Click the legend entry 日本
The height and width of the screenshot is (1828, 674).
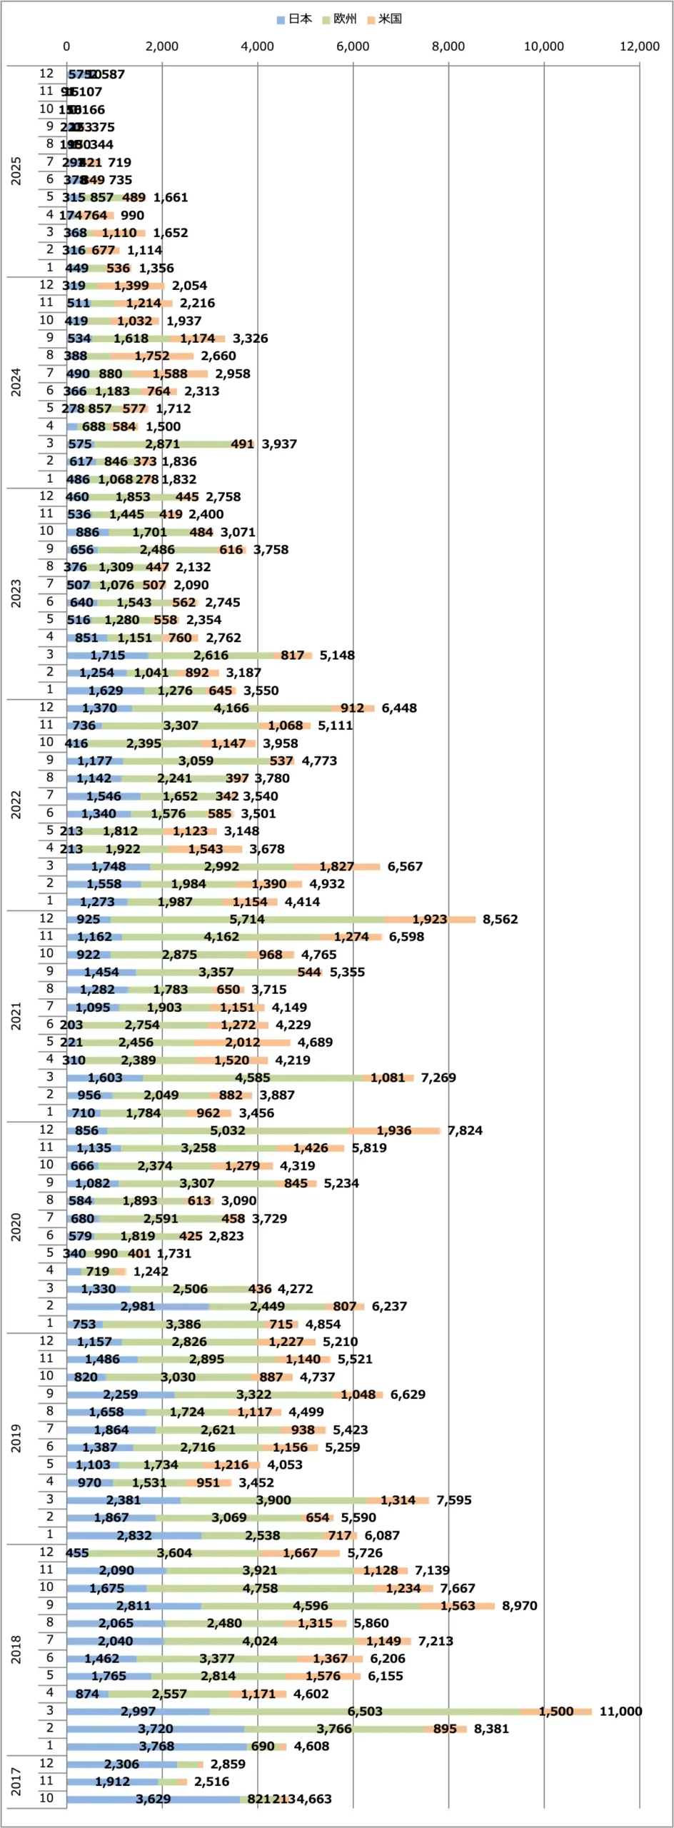pos(294,19)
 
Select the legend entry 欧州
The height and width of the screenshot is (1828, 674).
pos(340,19)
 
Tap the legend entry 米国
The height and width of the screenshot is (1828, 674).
pos(385,19)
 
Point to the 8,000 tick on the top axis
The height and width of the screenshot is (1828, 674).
pos(448,46)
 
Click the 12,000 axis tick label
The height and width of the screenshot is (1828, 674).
pos(639,46)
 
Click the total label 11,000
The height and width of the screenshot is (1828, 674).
pos(620,1712)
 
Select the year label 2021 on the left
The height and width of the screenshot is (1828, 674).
pos(16,1015)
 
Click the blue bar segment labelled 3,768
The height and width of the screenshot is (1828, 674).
pos(156,1747)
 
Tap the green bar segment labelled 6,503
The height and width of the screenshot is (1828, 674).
pos(365,1712)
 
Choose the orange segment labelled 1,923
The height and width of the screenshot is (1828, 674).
pos(430,920)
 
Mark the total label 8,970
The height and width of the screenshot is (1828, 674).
pos(519,1606)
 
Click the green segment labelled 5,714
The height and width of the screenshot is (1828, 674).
pos(247,920)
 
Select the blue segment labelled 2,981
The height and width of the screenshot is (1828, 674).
pos(138,1307)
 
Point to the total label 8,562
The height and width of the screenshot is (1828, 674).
pos(500,920)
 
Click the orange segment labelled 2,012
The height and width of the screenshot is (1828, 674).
pos(243,1043)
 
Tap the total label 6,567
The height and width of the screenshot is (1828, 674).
pos(405,866)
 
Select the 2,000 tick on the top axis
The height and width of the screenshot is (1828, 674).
pos(162,46)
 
